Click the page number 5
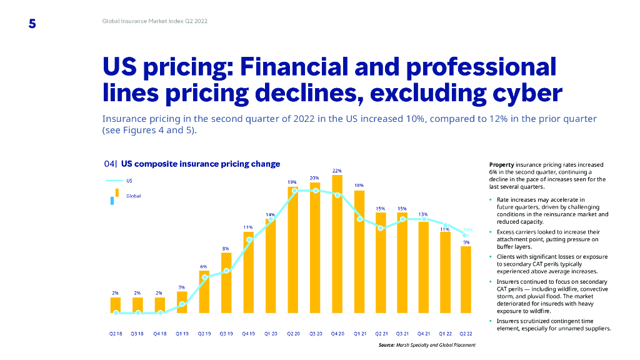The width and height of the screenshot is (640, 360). point(32,24)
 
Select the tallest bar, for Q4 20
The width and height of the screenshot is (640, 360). point(337,244)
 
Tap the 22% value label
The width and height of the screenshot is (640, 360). point(337,170)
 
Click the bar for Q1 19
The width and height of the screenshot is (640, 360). point(182,302)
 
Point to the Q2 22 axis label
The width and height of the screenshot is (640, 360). point(465,334)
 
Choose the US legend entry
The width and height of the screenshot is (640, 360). point(129,181)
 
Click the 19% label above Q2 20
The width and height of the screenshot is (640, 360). point(292,182)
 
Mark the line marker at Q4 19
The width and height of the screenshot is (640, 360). point(249,239)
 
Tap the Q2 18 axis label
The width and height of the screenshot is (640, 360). point(116,334)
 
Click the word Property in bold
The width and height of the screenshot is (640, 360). point(501,164)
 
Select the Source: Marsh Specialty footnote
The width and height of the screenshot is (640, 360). point(427,345)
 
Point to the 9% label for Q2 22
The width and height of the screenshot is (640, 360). point(466,242)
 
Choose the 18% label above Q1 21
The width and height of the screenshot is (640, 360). point(359,186)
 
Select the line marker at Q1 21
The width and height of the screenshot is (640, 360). point(360,219)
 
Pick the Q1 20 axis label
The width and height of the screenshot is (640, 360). point(271,334)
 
